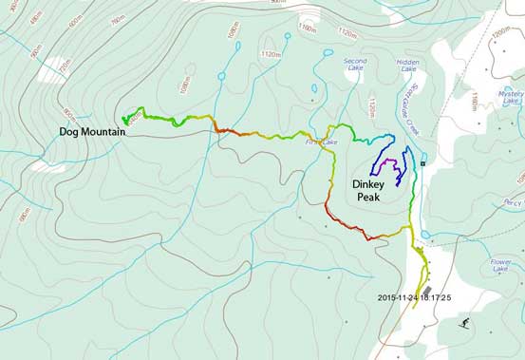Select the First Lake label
click(321, 142)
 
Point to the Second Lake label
click(355, 65)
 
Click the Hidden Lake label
click(407, 65)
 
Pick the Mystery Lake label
click(509, 99)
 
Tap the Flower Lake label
click(500, 265)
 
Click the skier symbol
click(463, 324)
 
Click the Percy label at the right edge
click(514, 202)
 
